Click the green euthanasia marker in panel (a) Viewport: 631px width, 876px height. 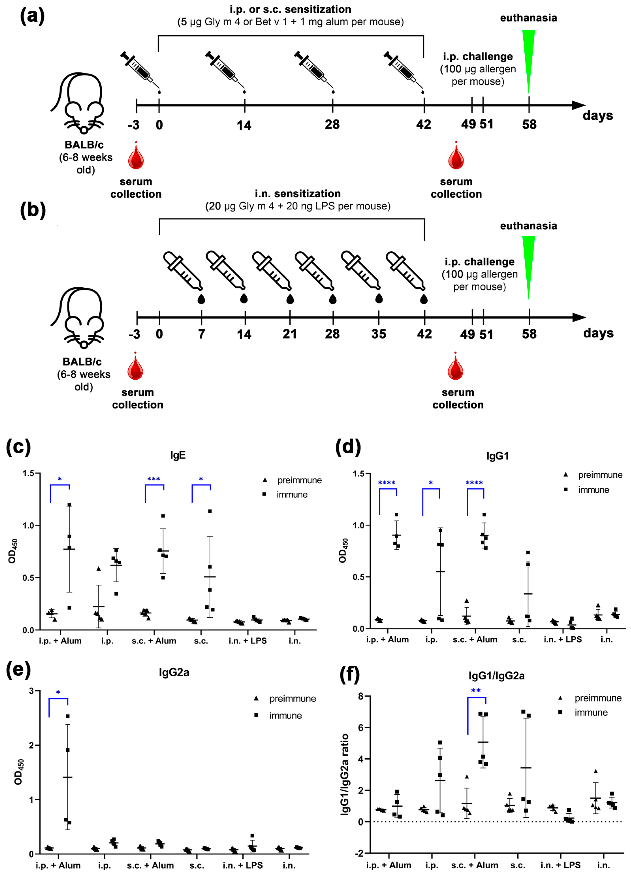pyautogui.click(x=528, y=58)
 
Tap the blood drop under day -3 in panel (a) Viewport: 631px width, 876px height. pyautogui.click(x=136, y=156)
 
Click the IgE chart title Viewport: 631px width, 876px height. pyautogui.click(x=178, y=455)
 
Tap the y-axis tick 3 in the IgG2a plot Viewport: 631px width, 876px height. pyautogui.click(x=32, y=691)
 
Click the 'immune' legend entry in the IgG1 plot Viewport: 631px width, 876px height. pyautogui.click(x=593, y=490)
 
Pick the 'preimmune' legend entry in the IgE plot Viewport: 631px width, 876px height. pyautogui.click(x=299, y=480)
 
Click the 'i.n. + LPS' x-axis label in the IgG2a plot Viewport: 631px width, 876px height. pyautogui.click(x=243, y=865)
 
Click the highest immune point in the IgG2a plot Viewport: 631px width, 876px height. pyautogui.click(x=68, y=716)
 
